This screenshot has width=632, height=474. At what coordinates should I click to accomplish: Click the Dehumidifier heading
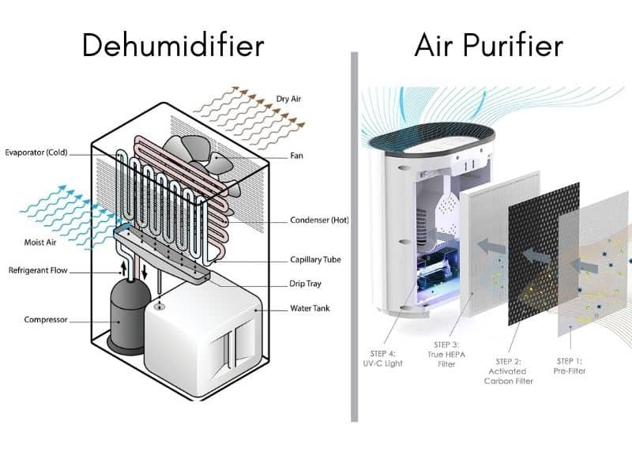[173, 44]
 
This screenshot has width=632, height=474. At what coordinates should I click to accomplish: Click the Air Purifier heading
[488, 45]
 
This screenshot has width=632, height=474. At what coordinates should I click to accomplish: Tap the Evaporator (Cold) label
[36, 152]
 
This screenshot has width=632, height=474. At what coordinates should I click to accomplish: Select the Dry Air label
[288, 99]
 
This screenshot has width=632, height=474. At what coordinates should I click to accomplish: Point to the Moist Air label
[40, 243]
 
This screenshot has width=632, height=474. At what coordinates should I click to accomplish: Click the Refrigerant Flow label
[38, 270]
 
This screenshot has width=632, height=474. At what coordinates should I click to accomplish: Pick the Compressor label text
[46, 320]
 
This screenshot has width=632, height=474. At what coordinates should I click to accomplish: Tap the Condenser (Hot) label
[319, 220]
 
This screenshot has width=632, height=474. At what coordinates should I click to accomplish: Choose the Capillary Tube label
[315, 260]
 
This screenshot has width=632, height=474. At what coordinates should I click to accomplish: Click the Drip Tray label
[305, 284]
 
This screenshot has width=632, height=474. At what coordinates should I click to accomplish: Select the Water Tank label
[310, 308]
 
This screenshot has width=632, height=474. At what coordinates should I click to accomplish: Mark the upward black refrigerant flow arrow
[124, 267]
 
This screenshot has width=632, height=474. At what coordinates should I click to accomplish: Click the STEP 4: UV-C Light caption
[382, 359]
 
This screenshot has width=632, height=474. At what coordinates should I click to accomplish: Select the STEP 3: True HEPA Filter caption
[446, 354]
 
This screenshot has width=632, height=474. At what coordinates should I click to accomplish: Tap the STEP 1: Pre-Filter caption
[569, 366]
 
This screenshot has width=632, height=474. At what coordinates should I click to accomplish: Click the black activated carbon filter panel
[544, 254]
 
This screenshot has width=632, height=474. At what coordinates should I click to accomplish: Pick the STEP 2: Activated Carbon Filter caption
[508, 371]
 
